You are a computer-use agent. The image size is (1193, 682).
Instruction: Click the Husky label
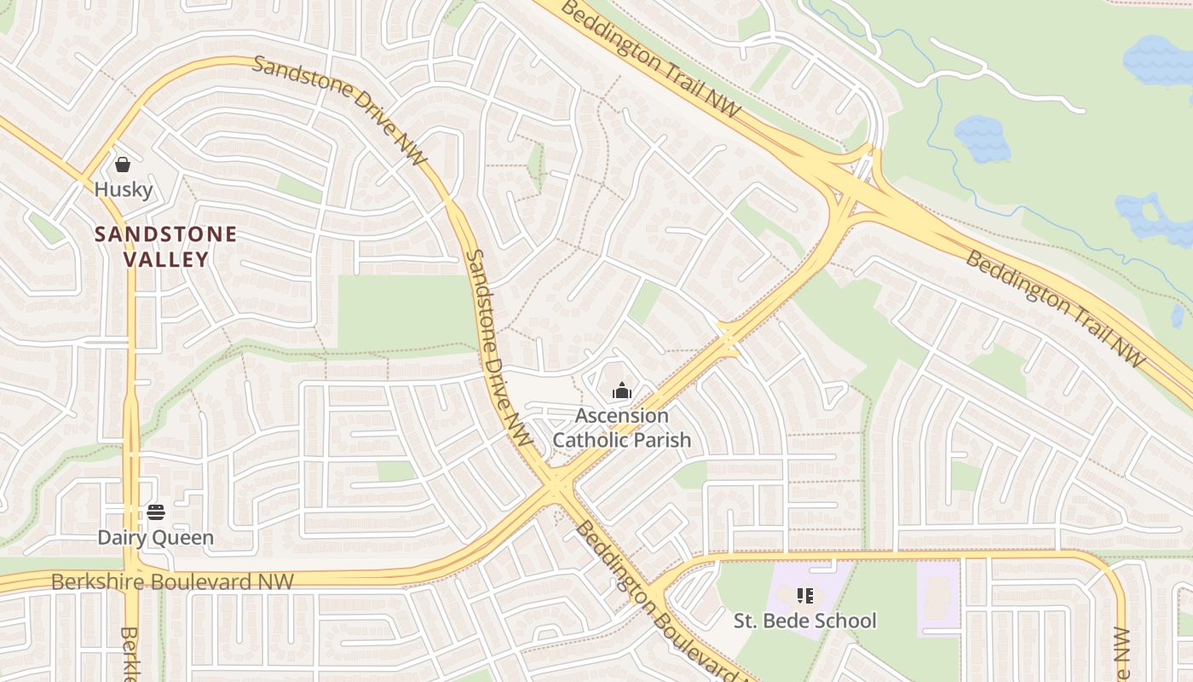[x=124, y=189]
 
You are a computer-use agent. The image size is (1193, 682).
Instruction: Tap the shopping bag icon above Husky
[x=123, y=165]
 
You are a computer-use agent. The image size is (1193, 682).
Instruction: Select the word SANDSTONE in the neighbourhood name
[x=165, y=234]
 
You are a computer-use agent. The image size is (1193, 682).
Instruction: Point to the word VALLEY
[x=166, y=259]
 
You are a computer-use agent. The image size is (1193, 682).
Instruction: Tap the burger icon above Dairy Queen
[x=155, y=511]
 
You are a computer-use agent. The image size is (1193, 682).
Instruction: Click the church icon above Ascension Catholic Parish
[x=622, y=391]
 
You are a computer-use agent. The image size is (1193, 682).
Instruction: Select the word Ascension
[x=622, y=416]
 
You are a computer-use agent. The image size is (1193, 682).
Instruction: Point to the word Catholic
[x=591, y=440]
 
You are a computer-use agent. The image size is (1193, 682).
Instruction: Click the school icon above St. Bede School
[x=805, y=595]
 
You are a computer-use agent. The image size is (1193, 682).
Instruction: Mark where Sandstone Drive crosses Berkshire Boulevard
[x=556, y=488]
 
